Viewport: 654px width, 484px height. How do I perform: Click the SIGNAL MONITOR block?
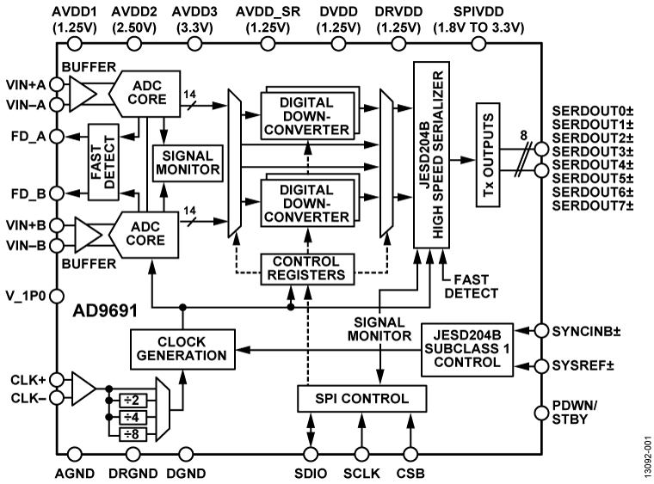pos(187,160)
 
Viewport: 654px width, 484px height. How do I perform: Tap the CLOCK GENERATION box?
pos(181,347)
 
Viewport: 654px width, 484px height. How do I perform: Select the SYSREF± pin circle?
pos(541,365)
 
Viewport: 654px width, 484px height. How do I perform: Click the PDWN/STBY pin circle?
pos(541,413)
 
